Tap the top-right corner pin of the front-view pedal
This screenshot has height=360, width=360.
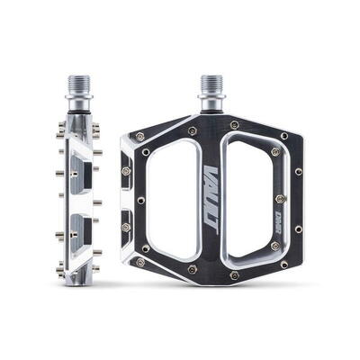click(x=284, y=137)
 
